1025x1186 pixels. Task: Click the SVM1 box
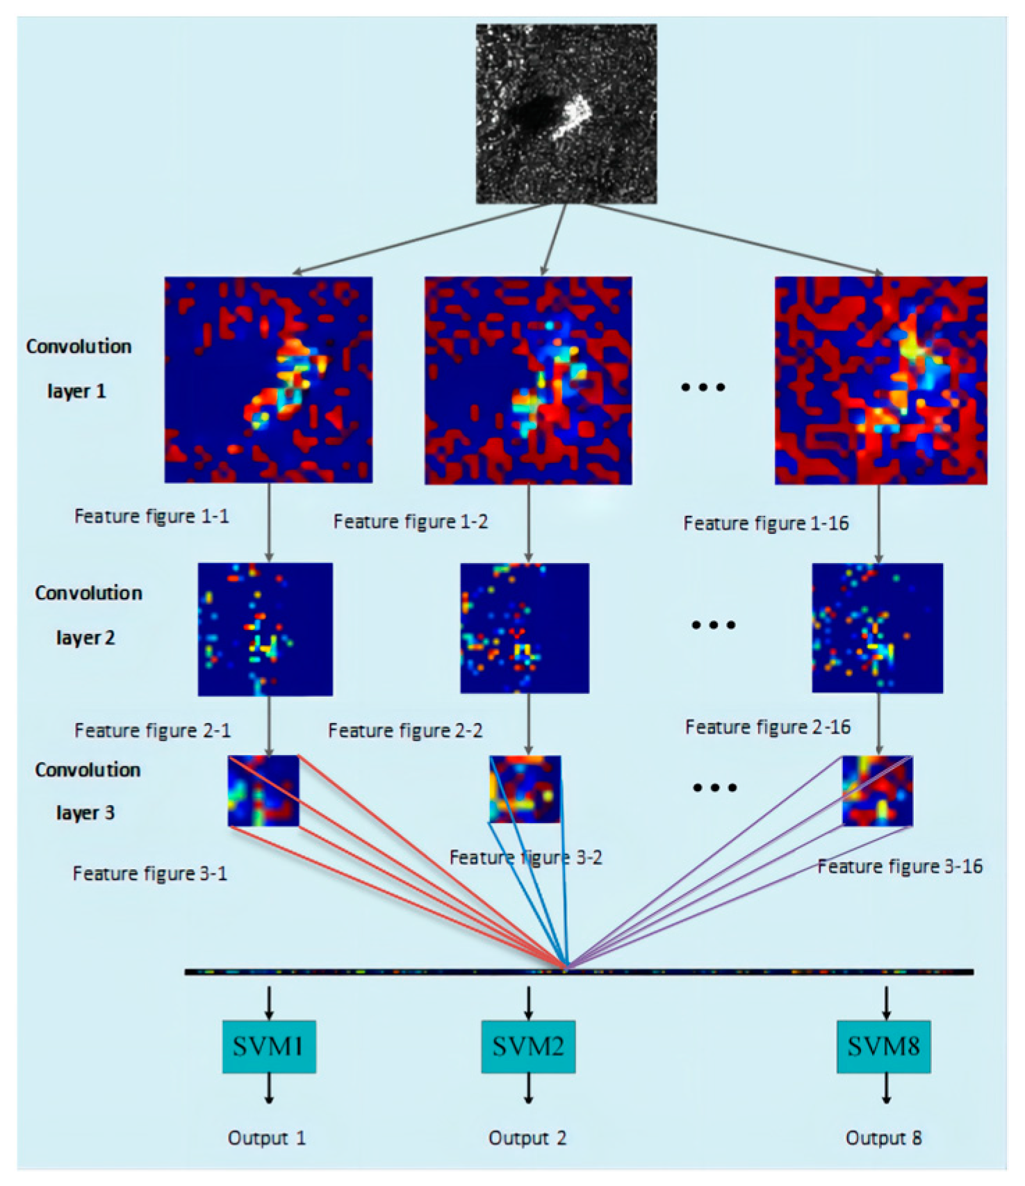point(269,1046)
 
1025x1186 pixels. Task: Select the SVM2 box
point(528,1046)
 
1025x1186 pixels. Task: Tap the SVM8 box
point(883,1046)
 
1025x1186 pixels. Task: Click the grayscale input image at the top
point(566,114)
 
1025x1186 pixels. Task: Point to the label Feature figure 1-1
point(151,517)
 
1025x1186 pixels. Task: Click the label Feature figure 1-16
point(766,523)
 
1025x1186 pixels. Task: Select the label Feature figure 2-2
point(405,731)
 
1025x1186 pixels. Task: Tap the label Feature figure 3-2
point(525,858)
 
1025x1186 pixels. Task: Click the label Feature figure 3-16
point(900,867)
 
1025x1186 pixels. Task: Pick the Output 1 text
point(267,1138)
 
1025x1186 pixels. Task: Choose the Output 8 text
point(883,1138)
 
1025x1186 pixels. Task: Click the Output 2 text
point(527,1138)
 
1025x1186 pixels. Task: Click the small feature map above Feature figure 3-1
point(263,791)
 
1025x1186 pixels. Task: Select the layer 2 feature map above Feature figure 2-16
point(878,628)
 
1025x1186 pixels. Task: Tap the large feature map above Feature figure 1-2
point(528,380)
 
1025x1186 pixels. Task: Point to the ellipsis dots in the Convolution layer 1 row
point(703,387)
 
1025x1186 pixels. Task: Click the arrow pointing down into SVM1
point(269,1003)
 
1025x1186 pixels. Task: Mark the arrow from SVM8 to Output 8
point(886,1088)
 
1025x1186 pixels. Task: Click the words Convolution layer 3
point(87,791)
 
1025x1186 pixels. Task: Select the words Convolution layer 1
point(78,368)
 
